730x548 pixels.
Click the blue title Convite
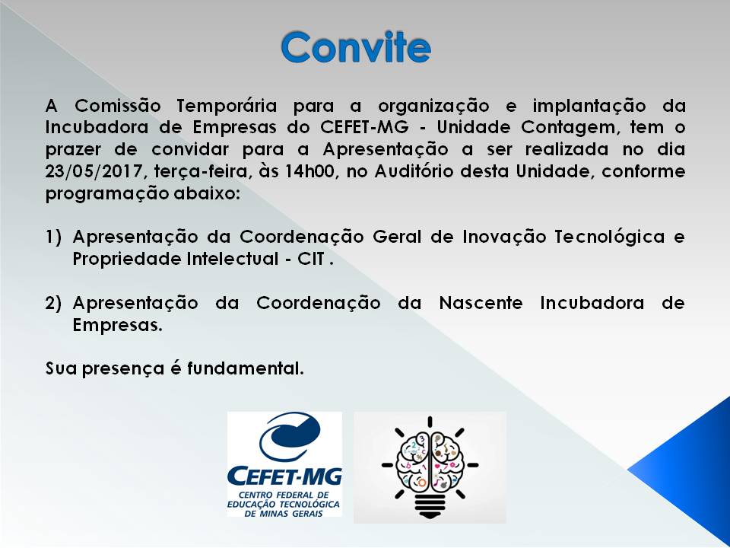coord(356,47)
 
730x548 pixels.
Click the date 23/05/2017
coord(94,171)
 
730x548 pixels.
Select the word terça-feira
coord(201,172)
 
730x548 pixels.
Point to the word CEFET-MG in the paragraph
coord(364,127)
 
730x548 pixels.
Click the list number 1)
coord(53,237)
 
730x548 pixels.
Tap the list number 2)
coord(53,304)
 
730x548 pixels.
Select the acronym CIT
coord(311,259)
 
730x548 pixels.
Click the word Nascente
coord(481,304)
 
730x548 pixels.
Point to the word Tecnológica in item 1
coord(609,237)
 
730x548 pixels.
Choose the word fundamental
coord(245,368)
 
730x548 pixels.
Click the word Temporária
coord(227,106)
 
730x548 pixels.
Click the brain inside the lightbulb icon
coord(430,460)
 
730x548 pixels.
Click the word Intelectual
coord(233,259)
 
